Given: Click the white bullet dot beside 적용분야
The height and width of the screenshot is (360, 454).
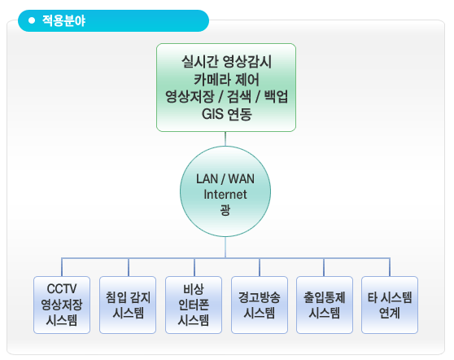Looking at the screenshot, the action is click(32, 20).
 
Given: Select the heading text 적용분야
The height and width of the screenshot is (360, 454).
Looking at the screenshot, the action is click(64, 20).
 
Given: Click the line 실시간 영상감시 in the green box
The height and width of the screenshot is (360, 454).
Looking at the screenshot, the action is click(226, 61).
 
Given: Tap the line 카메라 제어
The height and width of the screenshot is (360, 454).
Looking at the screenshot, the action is click(226, 80).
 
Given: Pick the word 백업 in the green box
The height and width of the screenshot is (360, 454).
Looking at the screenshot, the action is click(276, 97).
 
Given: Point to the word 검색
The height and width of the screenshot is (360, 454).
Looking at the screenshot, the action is click(239, 97).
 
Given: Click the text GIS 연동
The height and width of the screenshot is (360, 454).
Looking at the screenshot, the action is click(226, 114).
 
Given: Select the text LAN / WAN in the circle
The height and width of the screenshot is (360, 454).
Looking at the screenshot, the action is click(225, 179).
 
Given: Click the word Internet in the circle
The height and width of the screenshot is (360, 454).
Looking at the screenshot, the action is click(225, 194).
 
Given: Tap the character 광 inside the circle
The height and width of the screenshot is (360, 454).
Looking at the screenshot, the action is click(225, 209).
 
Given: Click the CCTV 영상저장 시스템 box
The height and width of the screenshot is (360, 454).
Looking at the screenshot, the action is click(62, 305).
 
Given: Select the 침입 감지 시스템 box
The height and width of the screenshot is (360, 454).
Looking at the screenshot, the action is click(128, 305).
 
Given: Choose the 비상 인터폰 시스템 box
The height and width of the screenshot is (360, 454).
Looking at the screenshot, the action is click(194, 305).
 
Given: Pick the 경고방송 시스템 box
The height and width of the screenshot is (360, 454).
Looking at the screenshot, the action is click(260, 305).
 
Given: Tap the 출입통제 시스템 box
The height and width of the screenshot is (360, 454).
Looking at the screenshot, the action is click(325, 305).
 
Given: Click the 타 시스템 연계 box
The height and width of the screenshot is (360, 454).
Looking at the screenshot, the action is click(390, 305).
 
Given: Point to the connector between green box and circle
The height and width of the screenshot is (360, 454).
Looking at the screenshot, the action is click(225, 138).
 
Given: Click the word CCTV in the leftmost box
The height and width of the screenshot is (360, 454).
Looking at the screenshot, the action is click(62, 289).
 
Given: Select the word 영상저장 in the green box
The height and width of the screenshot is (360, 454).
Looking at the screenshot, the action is click(190, 97).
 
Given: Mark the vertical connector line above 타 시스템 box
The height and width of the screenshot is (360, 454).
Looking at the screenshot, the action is click(390, 267).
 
